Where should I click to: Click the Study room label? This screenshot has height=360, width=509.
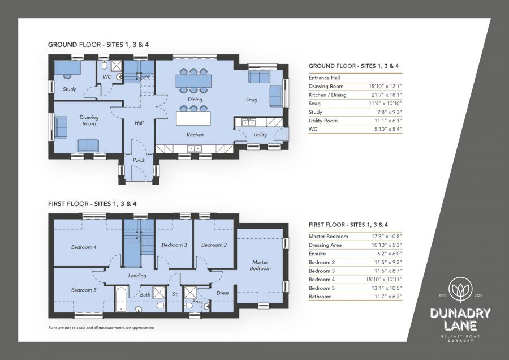pos(70,89)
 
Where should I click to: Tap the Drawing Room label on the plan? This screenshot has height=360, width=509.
pos(89,121)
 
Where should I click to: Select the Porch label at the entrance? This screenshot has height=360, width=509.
pos(139,160)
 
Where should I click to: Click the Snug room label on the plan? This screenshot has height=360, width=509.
pos(252,100)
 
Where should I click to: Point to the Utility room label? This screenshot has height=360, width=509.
pos(260,135)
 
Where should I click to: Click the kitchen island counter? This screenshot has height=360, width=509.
pos(193,118)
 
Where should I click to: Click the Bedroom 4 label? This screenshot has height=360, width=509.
pos(84,247)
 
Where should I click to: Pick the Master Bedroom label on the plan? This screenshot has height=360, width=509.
pos(260,265)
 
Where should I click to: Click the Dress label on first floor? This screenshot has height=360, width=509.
pos(222,293)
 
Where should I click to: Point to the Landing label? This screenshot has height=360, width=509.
pos(137,276)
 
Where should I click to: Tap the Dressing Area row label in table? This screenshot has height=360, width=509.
pos(325,245)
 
